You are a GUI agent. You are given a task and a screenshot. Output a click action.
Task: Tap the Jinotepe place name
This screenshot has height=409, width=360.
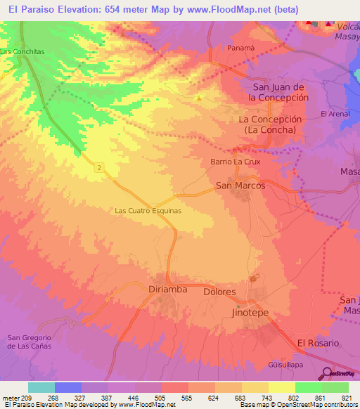pos(250,312)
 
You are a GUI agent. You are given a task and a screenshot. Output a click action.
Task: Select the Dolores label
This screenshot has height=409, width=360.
pos(219,291)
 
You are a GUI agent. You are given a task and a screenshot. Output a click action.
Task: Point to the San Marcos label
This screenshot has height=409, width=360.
pos(240,186)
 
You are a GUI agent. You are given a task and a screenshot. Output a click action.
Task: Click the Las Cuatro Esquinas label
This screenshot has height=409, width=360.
pos(148,210)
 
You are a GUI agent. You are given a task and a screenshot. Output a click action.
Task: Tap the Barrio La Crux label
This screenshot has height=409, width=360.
pos(236,162)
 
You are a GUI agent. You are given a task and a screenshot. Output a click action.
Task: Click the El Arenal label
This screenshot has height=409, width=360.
pos(335,114)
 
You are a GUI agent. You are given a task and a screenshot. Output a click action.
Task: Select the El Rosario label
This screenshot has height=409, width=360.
pos(318,343)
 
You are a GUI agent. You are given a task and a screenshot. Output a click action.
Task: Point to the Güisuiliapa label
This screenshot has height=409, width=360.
pos(307,364)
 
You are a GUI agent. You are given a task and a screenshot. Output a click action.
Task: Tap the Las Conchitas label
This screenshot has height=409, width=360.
pos(22,51)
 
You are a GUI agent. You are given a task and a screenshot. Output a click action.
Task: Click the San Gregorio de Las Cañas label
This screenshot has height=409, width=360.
pos(31,341)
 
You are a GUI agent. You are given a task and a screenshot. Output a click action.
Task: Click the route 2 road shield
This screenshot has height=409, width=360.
pos(101,167)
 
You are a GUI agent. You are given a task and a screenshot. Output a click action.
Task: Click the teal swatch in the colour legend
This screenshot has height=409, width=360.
pos(41,387)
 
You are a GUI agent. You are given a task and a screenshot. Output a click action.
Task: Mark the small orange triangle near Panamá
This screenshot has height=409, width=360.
pos(199,98)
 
